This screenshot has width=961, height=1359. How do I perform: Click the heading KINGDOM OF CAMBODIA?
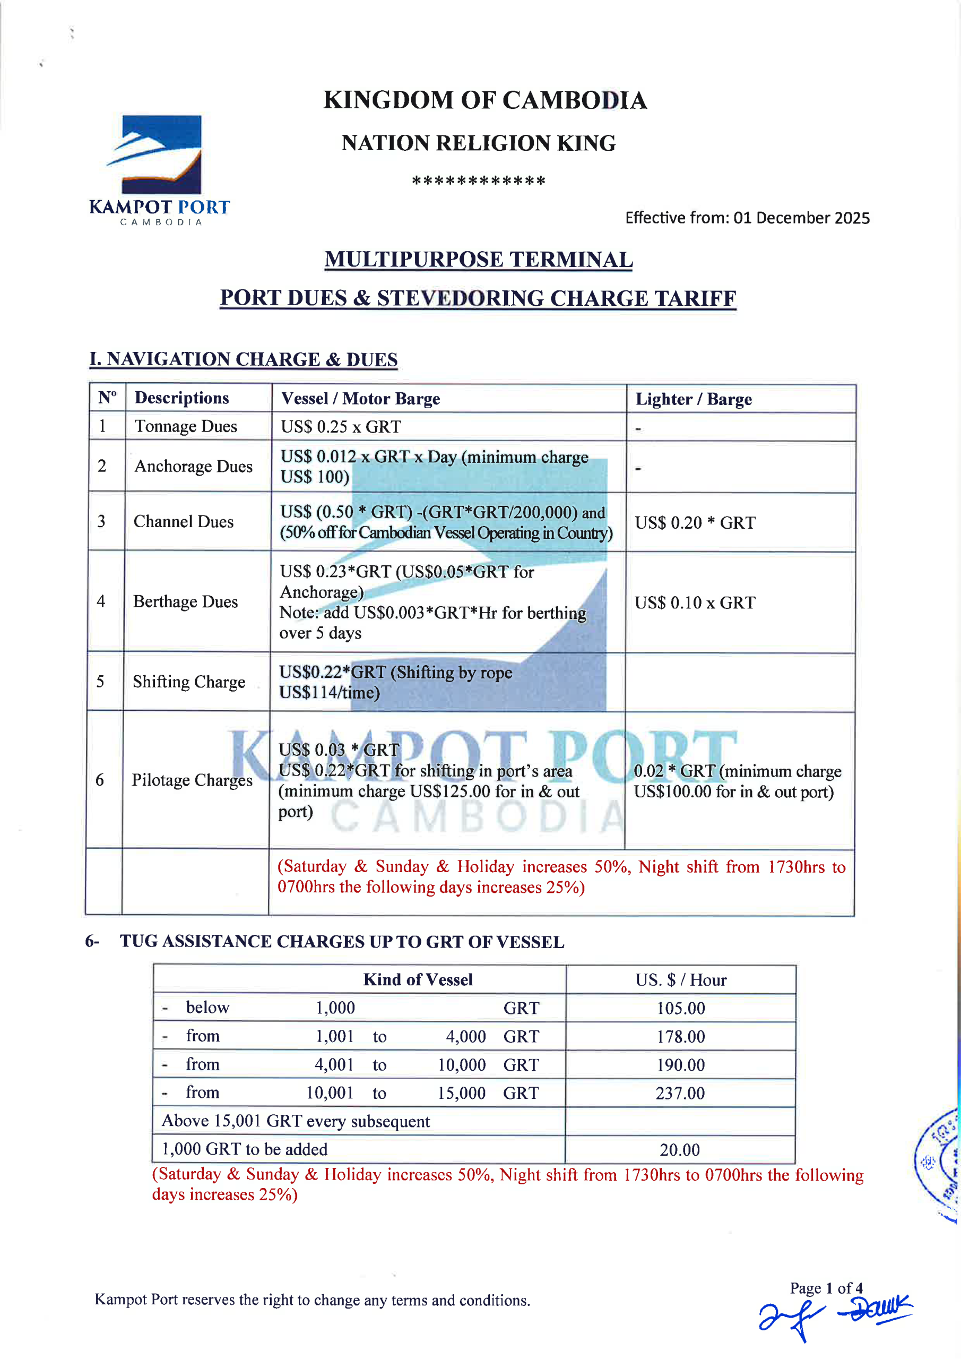pos(484,100)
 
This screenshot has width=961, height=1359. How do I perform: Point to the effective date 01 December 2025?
pos(801,218)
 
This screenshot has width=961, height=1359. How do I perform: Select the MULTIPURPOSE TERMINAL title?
pos(478,259)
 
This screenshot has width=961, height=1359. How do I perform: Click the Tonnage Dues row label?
pos(186,426)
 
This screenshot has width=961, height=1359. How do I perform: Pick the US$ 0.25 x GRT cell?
pos(341,427)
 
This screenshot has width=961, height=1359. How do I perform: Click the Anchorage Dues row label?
pos(194,467)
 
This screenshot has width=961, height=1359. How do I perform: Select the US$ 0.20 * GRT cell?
pos(695,523)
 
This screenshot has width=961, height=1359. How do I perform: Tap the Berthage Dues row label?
pos(185,601)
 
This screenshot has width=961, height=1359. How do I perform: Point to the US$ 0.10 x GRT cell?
pos(695,603)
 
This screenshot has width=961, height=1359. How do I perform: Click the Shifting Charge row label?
pos(189,682)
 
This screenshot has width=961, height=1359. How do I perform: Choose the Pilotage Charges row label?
pos(192,780)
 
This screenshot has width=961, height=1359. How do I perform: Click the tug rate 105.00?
pos(680,1008)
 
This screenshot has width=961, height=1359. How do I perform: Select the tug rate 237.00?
pos(680,1093)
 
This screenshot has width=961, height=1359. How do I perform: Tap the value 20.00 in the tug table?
pos(679,1150)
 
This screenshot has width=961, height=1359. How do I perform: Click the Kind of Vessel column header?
pos(418,979)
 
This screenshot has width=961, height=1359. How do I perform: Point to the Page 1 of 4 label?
pos(826,1288)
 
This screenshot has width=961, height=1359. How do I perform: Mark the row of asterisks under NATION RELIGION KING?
pos(478,180)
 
